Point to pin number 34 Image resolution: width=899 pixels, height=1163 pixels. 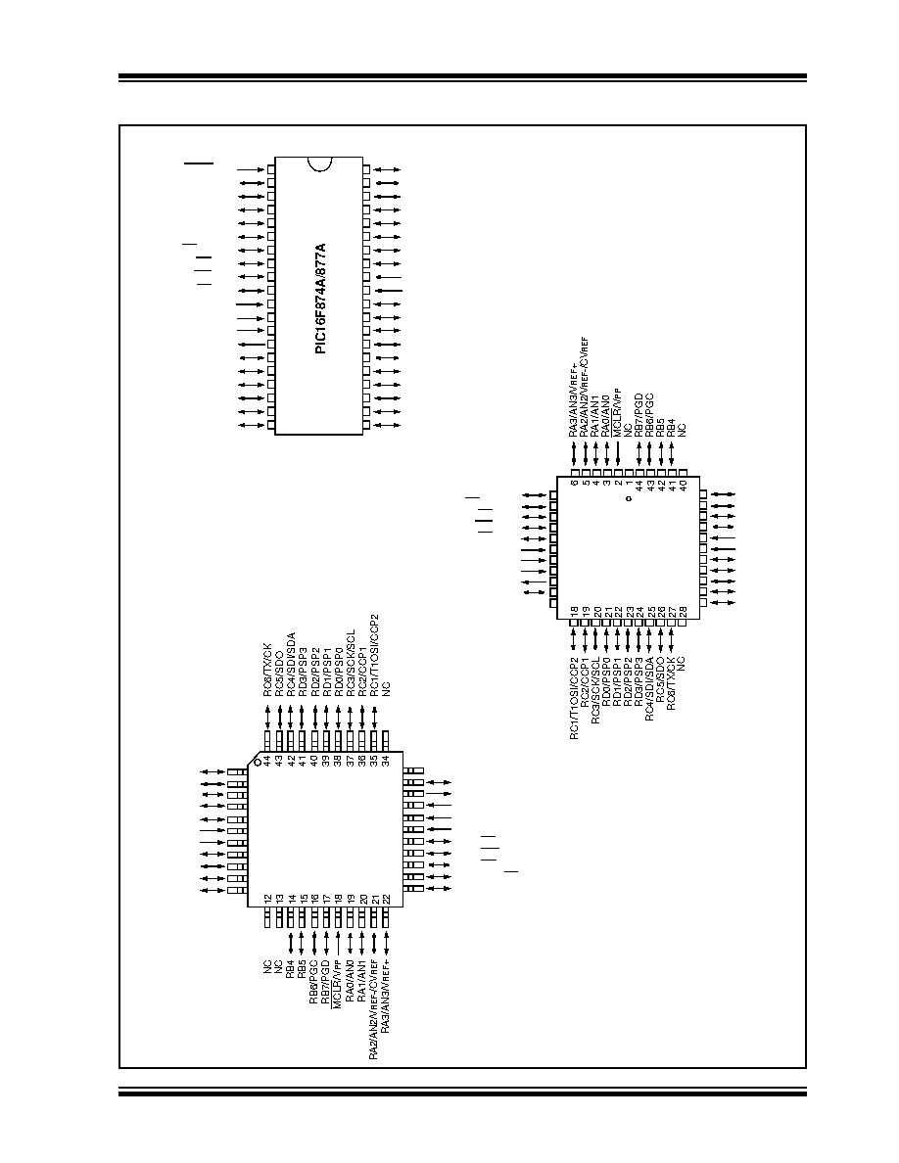(387, 761)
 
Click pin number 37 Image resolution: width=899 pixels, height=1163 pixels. (351, 761)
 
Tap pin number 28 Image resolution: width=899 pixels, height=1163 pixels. (684, 610)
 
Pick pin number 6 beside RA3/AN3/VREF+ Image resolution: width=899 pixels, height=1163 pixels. (574, 482)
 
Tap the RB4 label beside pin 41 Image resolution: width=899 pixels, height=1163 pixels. (672, 428)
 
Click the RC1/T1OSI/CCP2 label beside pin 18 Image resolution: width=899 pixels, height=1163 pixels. (574, 699)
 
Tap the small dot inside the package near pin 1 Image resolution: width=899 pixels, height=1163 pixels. (628, 499)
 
